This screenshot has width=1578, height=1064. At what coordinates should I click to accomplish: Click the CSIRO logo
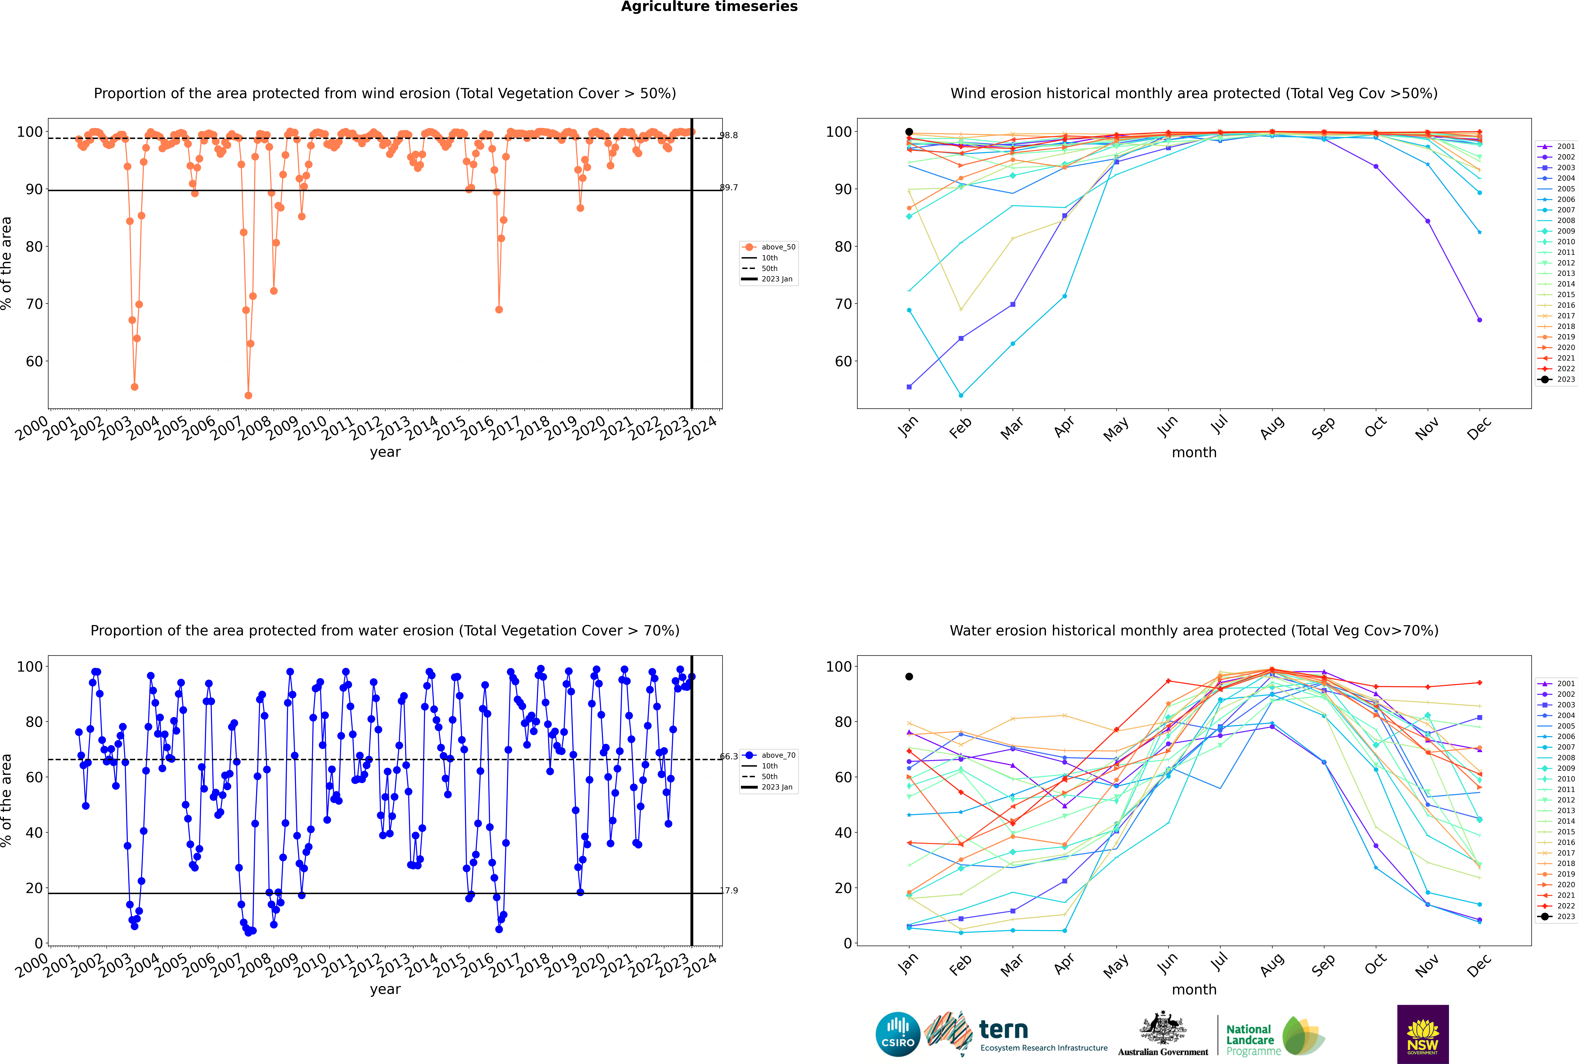(x=898, y=1034)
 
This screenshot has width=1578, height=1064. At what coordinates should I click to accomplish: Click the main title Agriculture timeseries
(x=709, y=7)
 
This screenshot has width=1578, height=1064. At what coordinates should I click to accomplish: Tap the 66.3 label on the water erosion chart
(x=729, y=757)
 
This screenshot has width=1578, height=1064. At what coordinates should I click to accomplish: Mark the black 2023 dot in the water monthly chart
(x=909, y=676)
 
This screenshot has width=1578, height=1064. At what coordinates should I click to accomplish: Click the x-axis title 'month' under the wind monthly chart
(x=1194, y=453)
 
